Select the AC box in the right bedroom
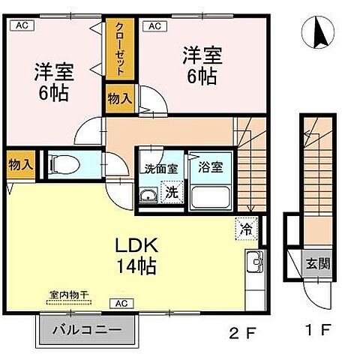156,26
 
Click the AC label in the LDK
119,303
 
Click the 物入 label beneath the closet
120,99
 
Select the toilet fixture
61,163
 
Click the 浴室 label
211,167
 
